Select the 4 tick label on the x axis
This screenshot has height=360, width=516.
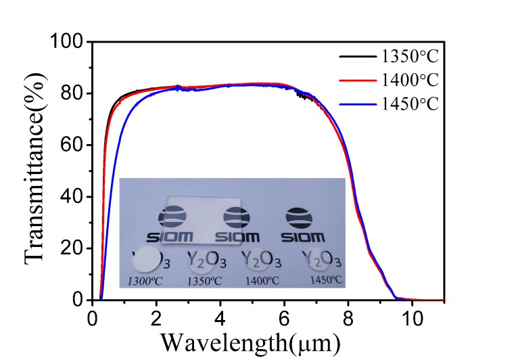click(x=220, y=317)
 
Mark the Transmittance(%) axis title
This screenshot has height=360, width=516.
click(x=37, y=171)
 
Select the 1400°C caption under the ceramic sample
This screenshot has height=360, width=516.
click(x=264, y=279)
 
